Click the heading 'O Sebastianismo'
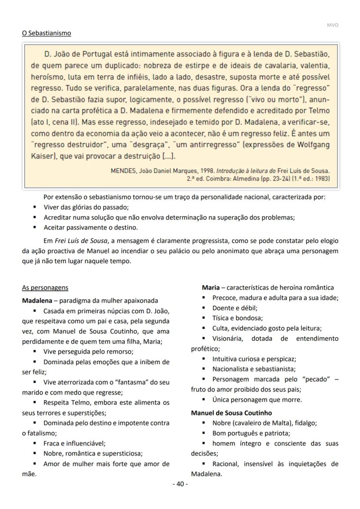[x=47, y=33]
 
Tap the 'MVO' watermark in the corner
[x=332, y=25]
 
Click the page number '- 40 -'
[x=180, y=484]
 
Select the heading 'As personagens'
[x=45, y=288]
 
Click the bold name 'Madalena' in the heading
[x=39, y=301]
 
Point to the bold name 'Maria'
[x=210, y=288]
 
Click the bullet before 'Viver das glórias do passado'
[x=34, y=208]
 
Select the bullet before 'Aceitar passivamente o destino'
[x=34, y=228]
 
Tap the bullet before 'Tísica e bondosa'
[x=203, y=318]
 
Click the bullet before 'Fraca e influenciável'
[x=34, y=443]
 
